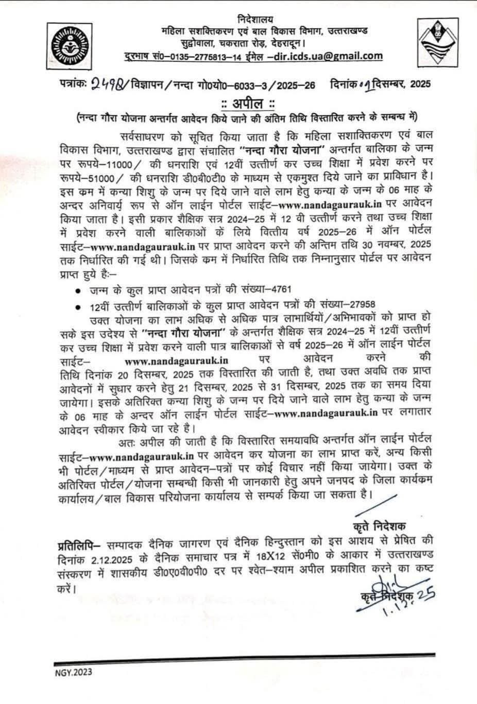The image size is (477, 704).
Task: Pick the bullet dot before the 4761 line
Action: (x=78, y=291)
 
